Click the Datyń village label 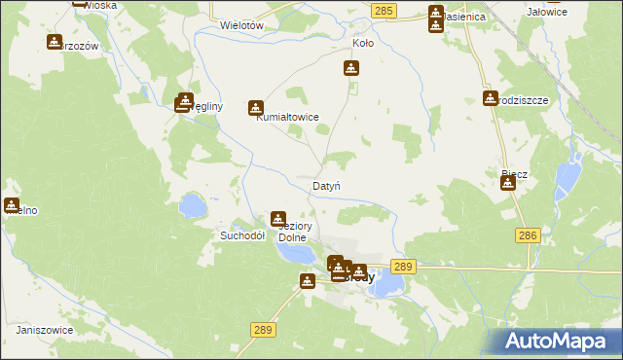(x=325, y=185)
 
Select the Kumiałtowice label (x=287, y=118)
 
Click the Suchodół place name (x=243, y=235)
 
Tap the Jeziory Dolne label (x=293, y=231)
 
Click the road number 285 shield (x=384, y=10)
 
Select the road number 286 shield (x=528, y=235)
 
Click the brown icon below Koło (x=350, y=68)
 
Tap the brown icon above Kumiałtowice (x=256, y=108)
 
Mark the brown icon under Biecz (x=508, y=183)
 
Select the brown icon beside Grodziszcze (x=490, y=97)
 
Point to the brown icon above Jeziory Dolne (x=278, y=219)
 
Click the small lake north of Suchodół (x=192, y=205)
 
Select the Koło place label (x=362, y=44)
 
